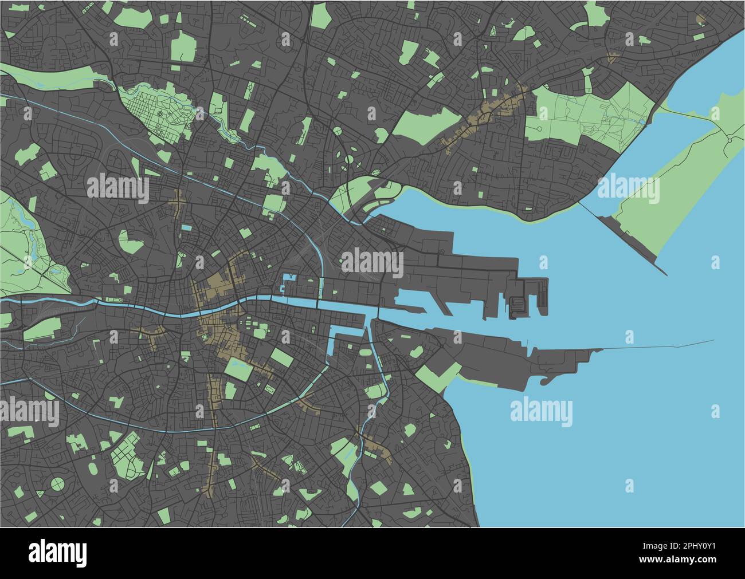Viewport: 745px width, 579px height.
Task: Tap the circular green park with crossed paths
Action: [57, 484]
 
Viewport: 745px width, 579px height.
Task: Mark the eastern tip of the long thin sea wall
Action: [713, 341]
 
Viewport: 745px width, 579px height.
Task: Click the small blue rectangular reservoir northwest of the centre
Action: [186, 228]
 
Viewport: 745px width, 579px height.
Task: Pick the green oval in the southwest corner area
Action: [57, 484]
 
